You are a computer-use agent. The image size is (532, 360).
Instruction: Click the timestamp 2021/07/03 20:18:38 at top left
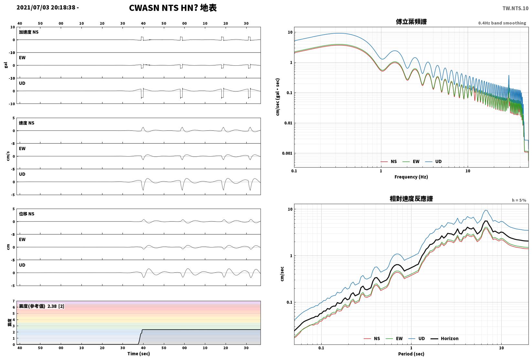46,7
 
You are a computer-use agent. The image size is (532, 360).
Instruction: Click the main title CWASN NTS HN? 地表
173,8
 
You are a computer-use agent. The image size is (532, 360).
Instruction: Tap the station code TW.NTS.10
516,8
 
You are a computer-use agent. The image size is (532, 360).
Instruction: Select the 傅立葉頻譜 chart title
411,22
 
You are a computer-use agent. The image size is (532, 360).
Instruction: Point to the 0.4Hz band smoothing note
502,23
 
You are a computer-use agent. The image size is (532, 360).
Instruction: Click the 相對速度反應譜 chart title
411,199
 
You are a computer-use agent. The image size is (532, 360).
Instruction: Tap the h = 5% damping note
519,200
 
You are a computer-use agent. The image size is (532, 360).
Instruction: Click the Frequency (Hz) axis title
411,177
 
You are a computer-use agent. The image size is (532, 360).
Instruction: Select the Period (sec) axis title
411,354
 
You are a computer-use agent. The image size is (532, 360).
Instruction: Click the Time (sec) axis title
139,354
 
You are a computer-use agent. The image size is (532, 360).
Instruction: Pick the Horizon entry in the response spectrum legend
445,338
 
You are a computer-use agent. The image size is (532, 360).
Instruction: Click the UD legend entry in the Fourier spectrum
433,161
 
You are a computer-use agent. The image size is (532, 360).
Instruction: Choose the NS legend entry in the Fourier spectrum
389,161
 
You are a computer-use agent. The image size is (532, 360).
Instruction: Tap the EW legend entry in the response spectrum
394,338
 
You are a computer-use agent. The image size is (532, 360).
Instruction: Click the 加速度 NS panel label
28,32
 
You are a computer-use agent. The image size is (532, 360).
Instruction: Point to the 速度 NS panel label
27,123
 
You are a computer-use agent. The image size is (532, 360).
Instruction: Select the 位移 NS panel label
27,214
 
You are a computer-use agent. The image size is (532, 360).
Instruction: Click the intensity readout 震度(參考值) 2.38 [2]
42,306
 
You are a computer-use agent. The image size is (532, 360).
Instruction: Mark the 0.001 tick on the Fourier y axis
287,153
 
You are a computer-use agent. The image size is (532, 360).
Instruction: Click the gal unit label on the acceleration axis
6,65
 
